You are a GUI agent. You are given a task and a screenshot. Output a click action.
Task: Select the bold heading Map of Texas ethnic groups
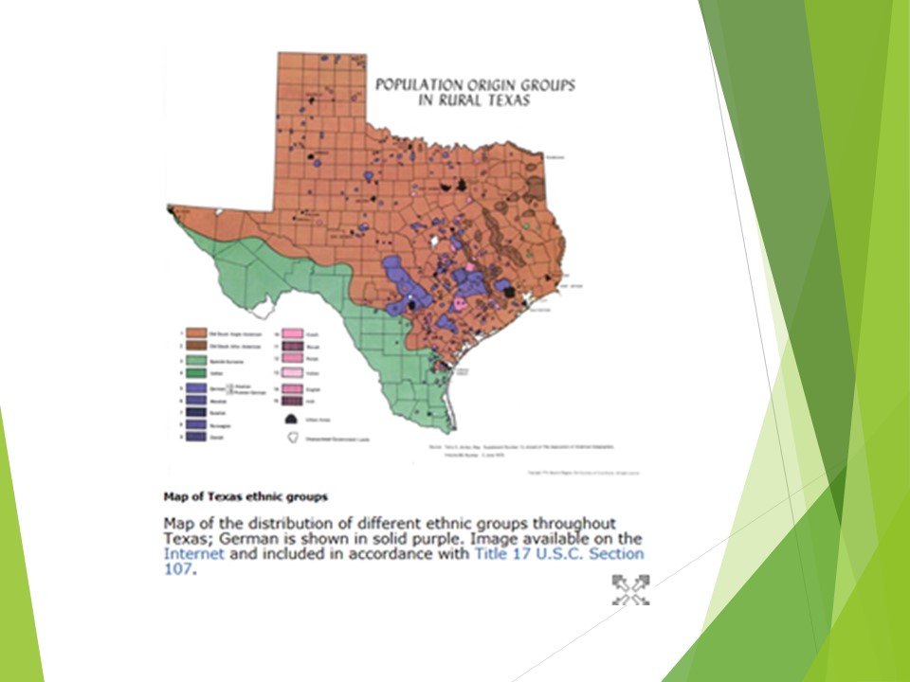[246, 495]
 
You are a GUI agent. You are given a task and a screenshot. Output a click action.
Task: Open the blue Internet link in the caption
[193, 554]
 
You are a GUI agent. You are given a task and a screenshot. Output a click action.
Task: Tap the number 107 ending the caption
[177, 569]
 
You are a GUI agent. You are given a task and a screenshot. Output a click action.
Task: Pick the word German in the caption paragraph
[246, 539]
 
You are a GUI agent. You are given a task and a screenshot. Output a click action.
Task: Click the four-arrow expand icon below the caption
[631, 589]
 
